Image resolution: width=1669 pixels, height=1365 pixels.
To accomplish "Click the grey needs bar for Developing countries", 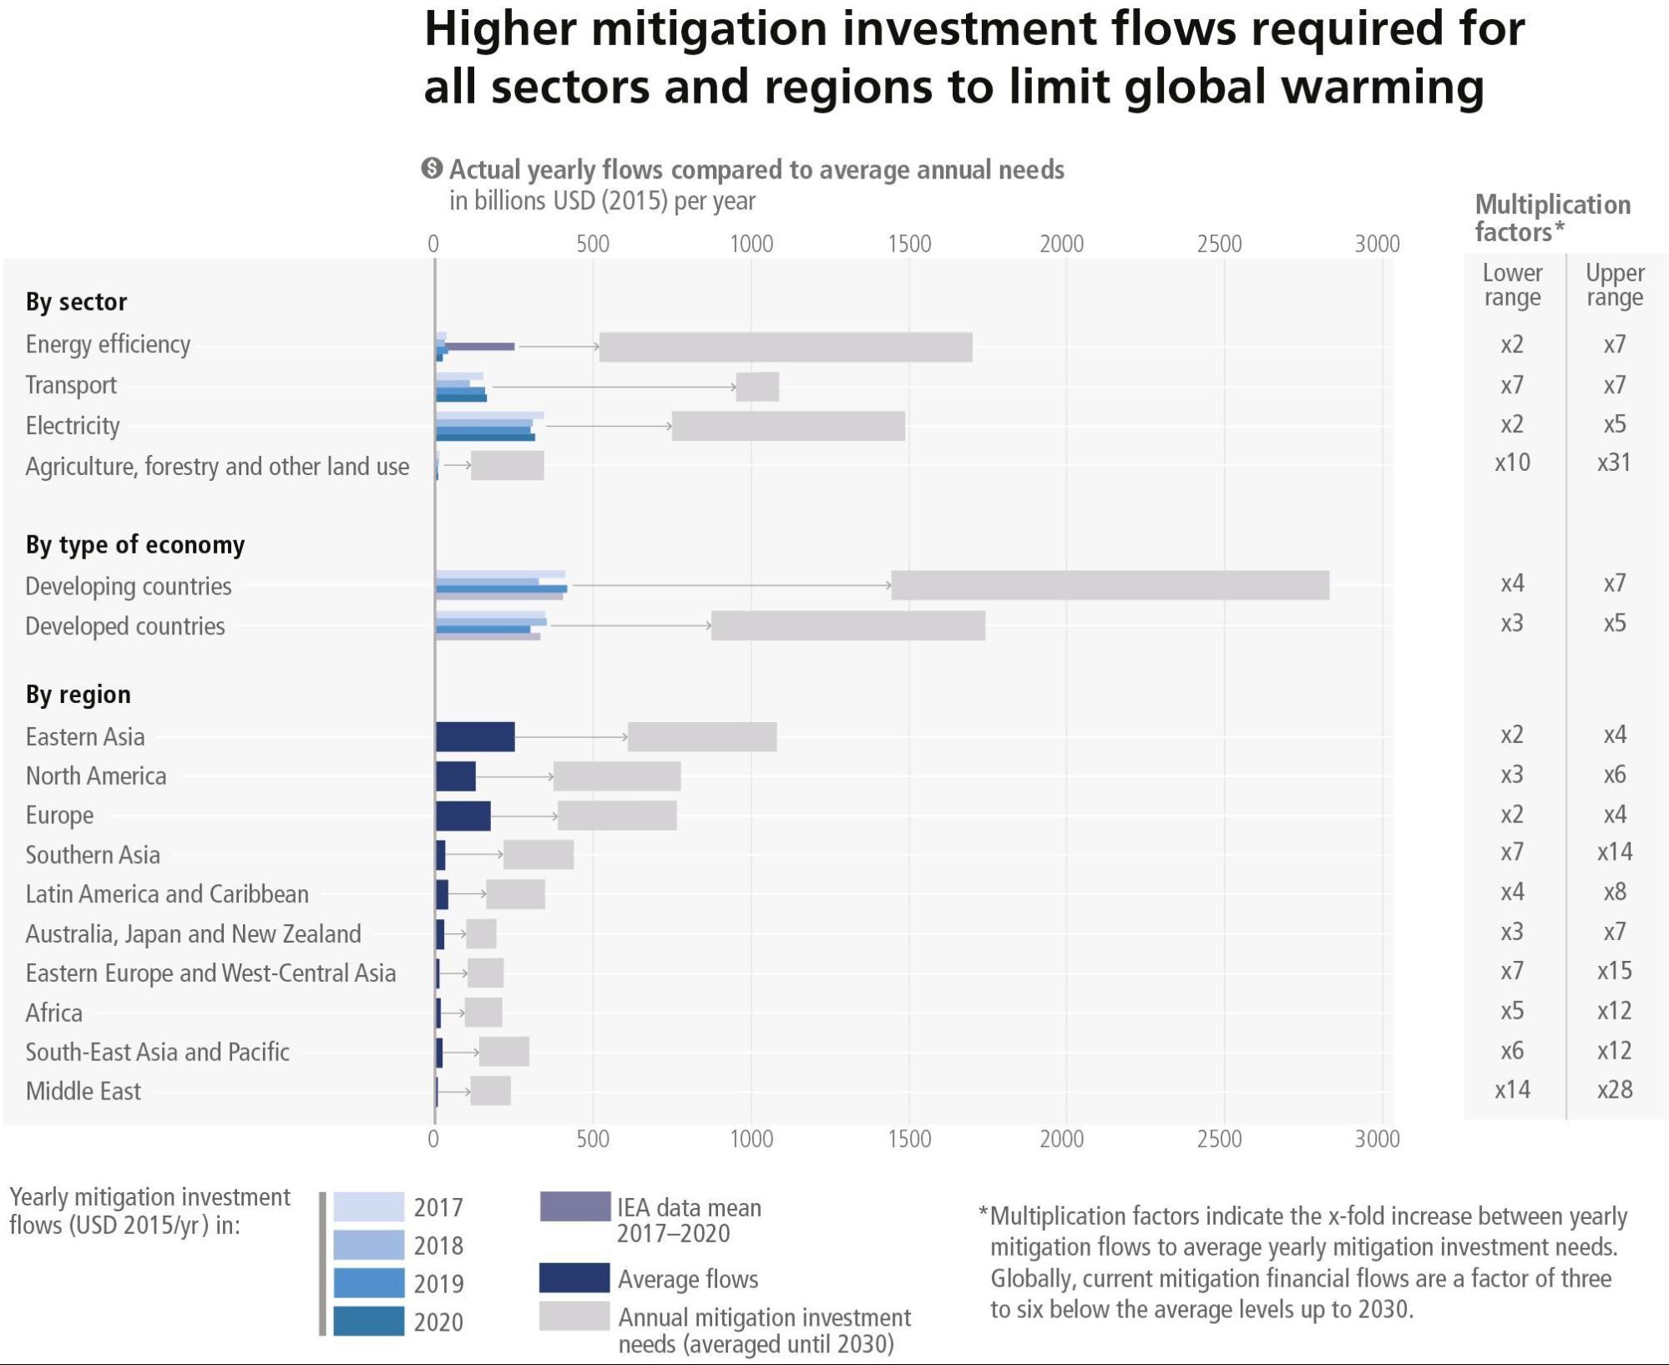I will click(x=1110, y=585).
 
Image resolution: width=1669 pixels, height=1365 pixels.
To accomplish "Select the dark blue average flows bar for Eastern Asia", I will click(x=475, y=736).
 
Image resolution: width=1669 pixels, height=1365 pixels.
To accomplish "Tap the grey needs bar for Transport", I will click(x=757, y=387).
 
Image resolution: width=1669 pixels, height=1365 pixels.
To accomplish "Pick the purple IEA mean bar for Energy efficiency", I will click(x=479, y=346).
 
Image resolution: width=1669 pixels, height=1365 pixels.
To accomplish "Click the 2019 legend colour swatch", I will click(x=368, y=1283).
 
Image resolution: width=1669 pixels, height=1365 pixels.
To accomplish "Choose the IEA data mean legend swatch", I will click(x=574, y=1207).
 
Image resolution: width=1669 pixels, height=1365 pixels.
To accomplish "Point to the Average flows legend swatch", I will click(x=574, y=1278).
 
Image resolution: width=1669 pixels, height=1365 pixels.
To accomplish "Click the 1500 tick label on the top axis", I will click(x=909, y=244).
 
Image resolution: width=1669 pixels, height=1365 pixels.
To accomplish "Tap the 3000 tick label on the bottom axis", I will click(x=1377, y=1139).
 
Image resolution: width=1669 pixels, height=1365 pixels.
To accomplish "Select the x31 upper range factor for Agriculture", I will click(x=1614, y=463).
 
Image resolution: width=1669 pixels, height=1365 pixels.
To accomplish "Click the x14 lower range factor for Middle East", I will click(x=1512, y=1089).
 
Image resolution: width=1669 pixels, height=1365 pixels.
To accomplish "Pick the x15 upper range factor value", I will click(x=1614, y=971).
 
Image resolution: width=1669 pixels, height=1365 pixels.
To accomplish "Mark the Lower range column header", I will click(x=1512, y=285).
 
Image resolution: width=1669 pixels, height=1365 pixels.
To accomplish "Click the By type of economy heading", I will click(x=135, y=544).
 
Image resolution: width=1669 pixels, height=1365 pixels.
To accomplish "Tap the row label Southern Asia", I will click(x=93, y=855).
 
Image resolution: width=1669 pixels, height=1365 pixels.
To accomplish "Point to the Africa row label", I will click(x=54, y=1013).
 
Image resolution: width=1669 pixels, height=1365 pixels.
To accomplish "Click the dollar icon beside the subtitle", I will click(x=432, y=169).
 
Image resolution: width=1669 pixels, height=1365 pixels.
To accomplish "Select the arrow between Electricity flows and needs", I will click(x=609, y=426).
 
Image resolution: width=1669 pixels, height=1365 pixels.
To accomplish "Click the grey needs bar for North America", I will click(x=617, y=776).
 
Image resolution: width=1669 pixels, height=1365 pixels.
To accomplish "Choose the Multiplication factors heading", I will click(x=1552, y=217).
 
